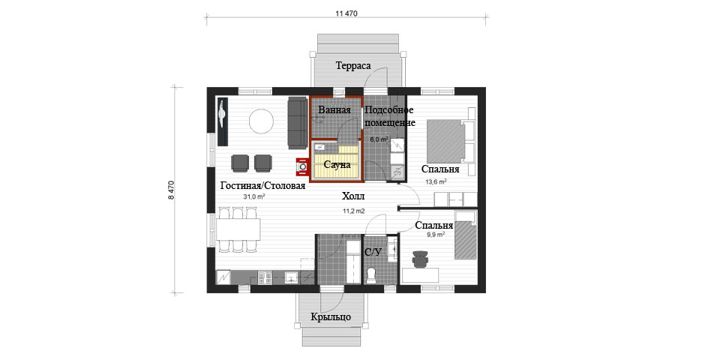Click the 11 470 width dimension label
346,13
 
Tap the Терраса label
353,66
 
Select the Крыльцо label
331,316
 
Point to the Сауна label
337,164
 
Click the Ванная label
334,109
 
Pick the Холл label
353,196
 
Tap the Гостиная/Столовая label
262,185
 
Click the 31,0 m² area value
254,196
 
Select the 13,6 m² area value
436,181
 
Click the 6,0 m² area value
379,139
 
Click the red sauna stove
302,167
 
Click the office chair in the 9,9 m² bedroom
420,259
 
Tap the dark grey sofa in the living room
298,123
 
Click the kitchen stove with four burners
265,277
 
